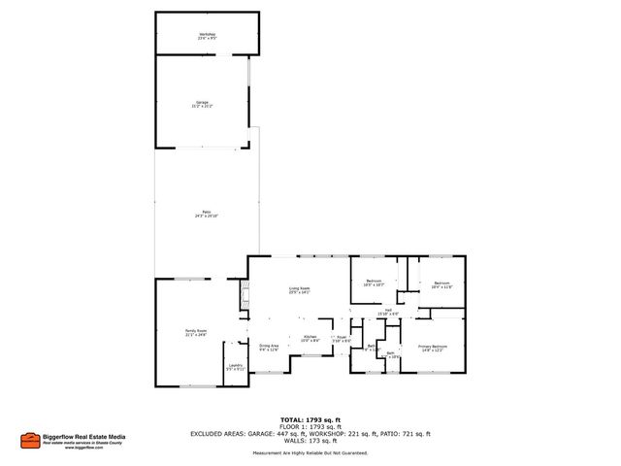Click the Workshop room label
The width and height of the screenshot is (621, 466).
(x=207, y=36)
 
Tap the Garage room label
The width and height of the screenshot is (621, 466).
(x=203, y=103)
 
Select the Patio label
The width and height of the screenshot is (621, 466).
(x=207, y=213)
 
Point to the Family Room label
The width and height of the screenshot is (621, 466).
(x=197, y=332)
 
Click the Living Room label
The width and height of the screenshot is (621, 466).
(x=299, y=289)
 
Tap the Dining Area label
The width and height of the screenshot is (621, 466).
(x=269, y=347)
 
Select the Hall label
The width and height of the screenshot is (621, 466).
(x=387, y=312)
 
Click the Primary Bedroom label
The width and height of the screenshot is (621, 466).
(x=432, y=348)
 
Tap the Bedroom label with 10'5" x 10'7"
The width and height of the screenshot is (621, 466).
(x=374, y=283)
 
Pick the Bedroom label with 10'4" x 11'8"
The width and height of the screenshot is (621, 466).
(x=441, y=284)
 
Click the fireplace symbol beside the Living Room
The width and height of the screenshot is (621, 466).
(x=243, y=293)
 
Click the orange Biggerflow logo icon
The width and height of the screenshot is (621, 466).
(x=31, y=441)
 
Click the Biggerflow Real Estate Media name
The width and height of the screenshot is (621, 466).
(x=84, y=437)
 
